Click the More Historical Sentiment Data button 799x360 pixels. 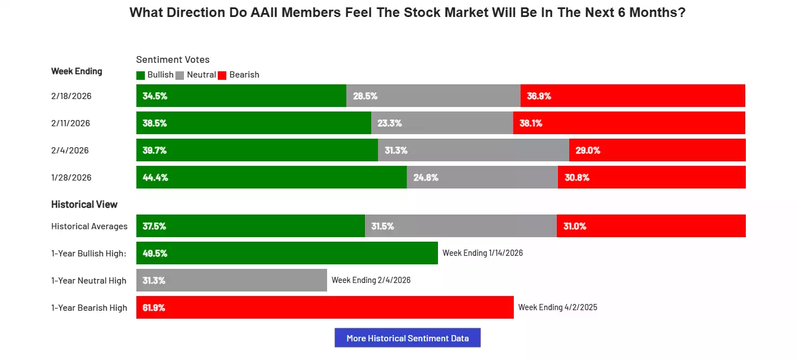point(407,338)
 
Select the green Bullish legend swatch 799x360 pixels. point(141,75)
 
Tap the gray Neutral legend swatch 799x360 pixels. point(180,75)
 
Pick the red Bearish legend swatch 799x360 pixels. point(222,75)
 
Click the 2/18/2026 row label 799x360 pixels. point(71,96)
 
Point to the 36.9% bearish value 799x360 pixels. point(539,96)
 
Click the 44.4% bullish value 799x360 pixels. point(155,177)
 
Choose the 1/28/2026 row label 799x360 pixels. point(71,177)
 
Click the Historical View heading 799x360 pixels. point(84,204)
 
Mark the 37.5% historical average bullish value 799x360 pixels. point(154,226)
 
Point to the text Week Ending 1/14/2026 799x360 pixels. point(483,253)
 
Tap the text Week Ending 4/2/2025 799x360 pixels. point(558,307)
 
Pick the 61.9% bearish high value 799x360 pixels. point(154,307)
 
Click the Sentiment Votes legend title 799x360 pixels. point(173,59)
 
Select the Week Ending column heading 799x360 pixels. point(77,71)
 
